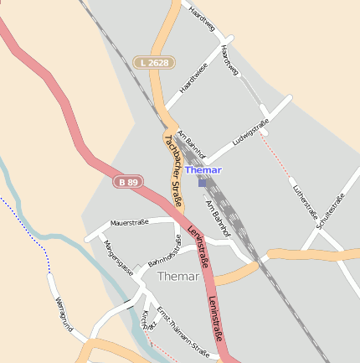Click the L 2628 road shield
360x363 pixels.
point(154,63)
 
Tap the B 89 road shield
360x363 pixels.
point(128,181)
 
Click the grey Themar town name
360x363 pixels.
point(178,276)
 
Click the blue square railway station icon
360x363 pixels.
point(202,182)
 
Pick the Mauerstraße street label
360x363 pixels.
point(129,222)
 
